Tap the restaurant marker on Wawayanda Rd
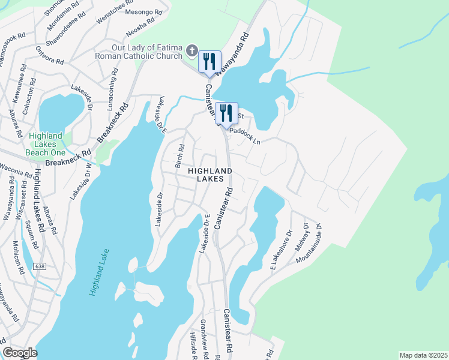click(x=209, y=62)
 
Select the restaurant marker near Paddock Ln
click(x=226, y=113)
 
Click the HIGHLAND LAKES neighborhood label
click(x=210, y=175)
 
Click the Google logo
click(x=20, y=353)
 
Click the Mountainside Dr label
click(x=314, y=244)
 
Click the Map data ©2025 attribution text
click(x=423, y=355)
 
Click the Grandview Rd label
click(x=205, y=340)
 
